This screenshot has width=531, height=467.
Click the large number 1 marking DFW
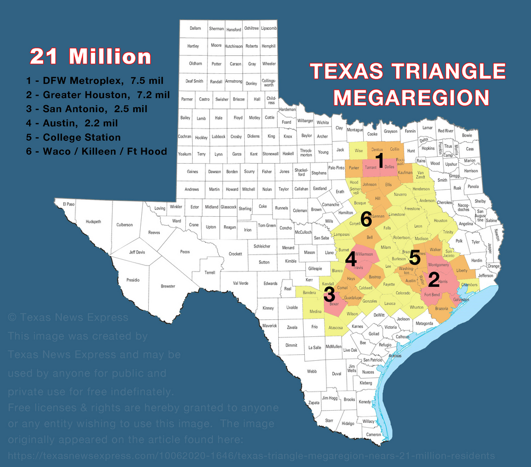(379, 160)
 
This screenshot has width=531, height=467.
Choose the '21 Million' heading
(90, 56)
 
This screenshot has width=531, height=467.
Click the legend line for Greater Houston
(98, 95)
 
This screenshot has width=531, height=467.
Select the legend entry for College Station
(73, 137)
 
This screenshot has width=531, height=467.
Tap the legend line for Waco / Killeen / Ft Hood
(96, 151)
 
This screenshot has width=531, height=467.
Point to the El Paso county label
(69, 204)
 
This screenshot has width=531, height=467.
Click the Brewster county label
(168, 286)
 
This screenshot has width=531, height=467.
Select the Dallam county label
(195, 28)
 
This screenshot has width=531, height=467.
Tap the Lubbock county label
(218, 137)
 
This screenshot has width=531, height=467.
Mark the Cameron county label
(374, 435)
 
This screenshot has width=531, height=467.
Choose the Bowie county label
(467, 135)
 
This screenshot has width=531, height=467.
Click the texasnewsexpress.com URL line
(252, 456)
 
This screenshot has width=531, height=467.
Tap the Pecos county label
(185, 251)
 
